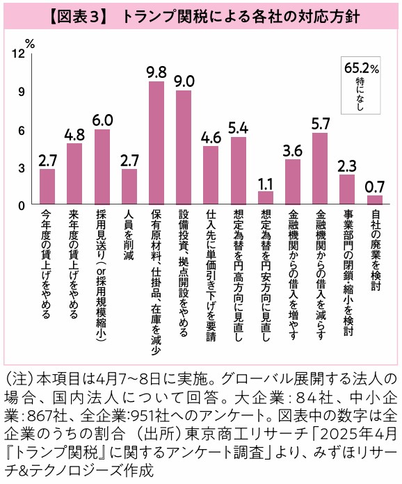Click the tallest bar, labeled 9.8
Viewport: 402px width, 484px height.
(x=156, y=143)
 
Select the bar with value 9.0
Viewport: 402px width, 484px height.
(x=184, y=147)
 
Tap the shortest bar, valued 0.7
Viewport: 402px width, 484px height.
(x=375, y=200)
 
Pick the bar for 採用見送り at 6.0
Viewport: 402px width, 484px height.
(x=102, y=167)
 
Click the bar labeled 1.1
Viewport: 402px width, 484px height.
(x=266, y=197)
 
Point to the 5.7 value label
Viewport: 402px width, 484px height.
(x=321, y=124)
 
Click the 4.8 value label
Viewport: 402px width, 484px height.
(x=74, y=135)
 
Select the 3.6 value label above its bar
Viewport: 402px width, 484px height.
(x=293, y=151)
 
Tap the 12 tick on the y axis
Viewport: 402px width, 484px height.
(x=18, y=54)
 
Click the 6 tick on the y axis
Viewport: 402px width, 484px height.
(x=21, y=131)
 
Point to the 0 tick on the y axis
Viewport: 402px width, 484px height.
(x=21, y=206)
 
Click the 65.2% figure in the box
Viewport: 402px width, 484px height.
(x=361, y=68)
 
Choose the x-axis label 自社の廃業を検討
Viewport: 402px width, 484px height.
(x=375, y=250)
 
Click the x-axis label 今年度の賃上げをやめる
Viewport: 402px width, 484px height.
(x=47, y=264)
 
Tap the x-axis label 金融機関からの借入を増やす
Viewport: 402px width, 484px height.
(x=293, y=275)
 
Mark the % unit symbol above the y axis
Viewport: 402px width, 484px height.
(x=30, y=45)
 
